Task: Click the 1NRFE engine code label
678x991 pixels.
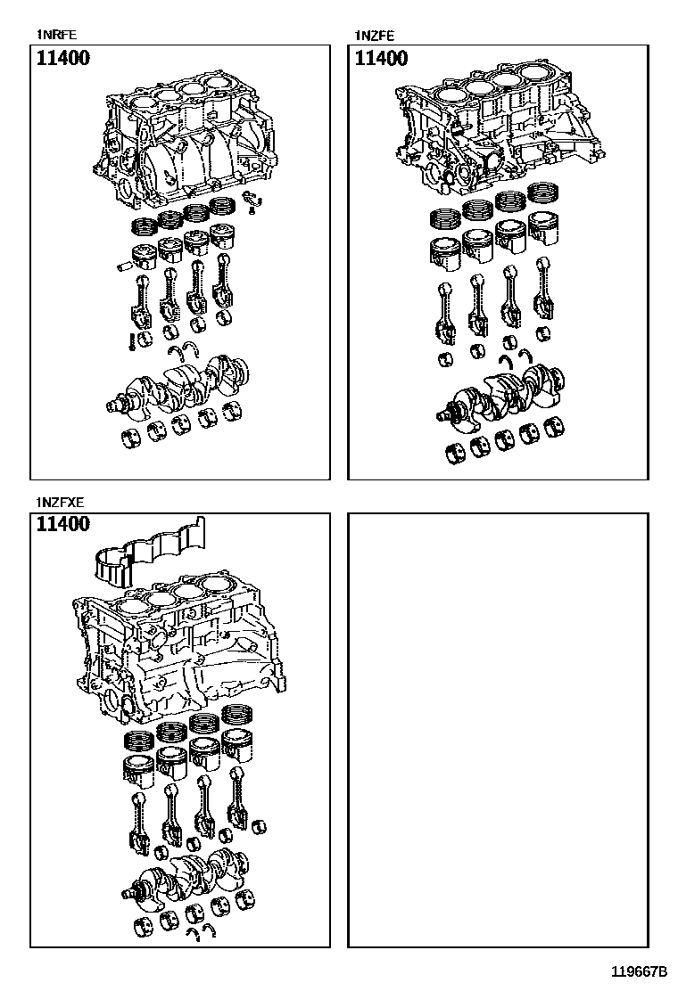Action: coord(56,36)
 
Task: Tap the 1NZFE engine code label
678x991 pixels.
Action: coord(375,36)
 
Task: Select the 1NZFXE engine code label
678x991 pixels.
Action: coord(61,502)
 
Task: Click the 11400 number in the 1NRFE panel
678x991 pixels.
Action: coord(63,59)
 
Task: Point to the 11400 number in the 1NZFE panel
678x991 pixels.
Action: coord(382,59)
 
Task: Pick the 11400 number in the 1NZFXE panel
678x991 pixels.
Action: coord(63,524)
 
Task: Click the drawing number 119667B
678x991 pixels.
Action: coord(639,971)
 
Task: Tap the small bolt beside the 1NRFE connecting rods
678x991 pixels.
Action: coord(130,340)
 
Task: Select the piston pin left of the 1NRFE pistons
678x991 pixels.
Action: coord(124,265)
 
